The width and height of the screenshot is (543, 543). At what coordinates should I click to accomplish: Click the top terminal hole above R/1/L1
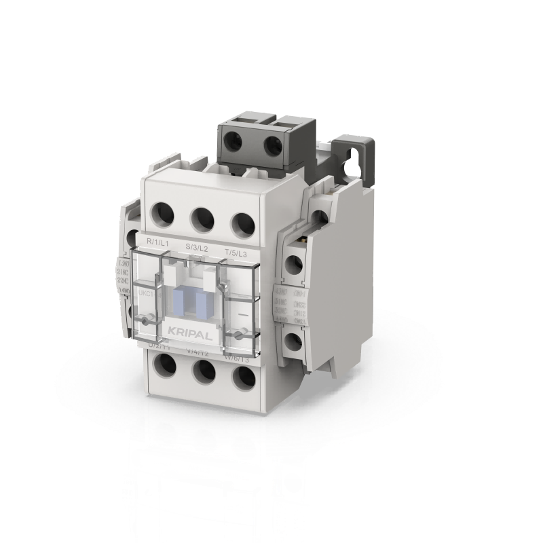pyautogui.click(x=164, y=214)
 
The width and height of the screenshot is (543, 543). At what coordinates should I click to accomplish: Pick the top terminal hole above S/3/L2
pyautogui.click(x=202, y=219)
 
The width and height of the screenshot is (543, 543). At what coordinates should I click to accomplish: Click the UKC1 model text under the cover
pyautogui.click(x=144, y=295)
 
